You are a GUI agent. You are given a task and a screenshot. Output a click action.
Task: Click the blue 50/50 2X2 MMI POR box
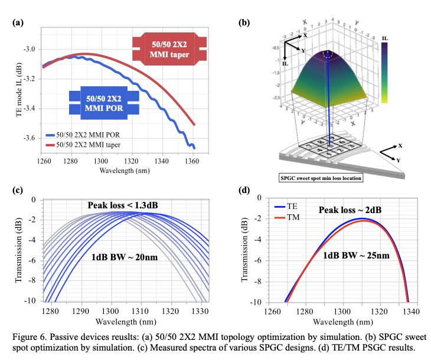pyautogui.click(x=103, y=102)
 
